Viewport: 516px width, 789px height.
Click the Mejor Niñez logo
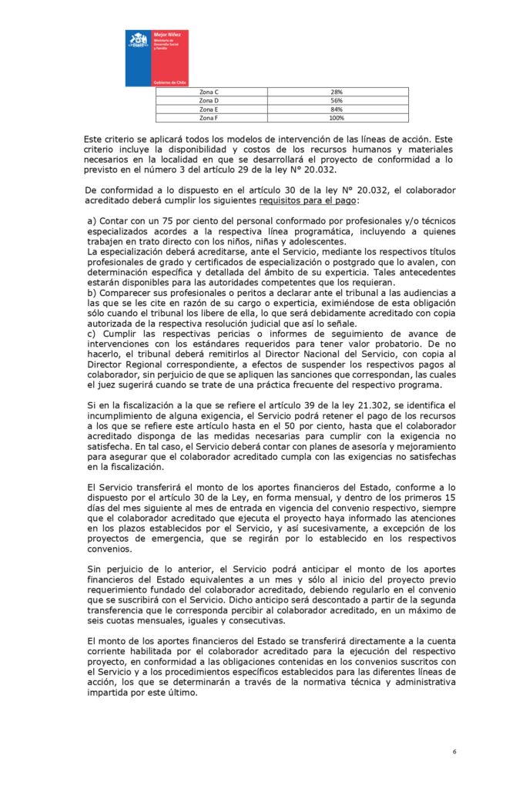157,58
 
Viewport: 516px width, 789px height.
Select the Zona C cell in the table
209,92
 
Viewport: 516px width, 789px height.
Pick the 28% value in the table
337,92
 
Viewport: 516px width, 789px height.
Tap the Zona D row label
209,101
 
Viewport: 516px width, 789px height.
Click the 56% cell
337,101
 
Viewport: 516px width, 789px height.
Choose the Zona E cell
209,109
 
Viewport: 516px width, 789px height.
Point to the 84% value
337,109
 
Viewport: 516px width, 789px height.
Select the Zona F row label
209,118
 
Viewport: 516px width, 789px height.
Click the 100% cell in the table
337,118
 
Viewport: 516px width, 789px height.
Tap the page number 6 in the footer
454,751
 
